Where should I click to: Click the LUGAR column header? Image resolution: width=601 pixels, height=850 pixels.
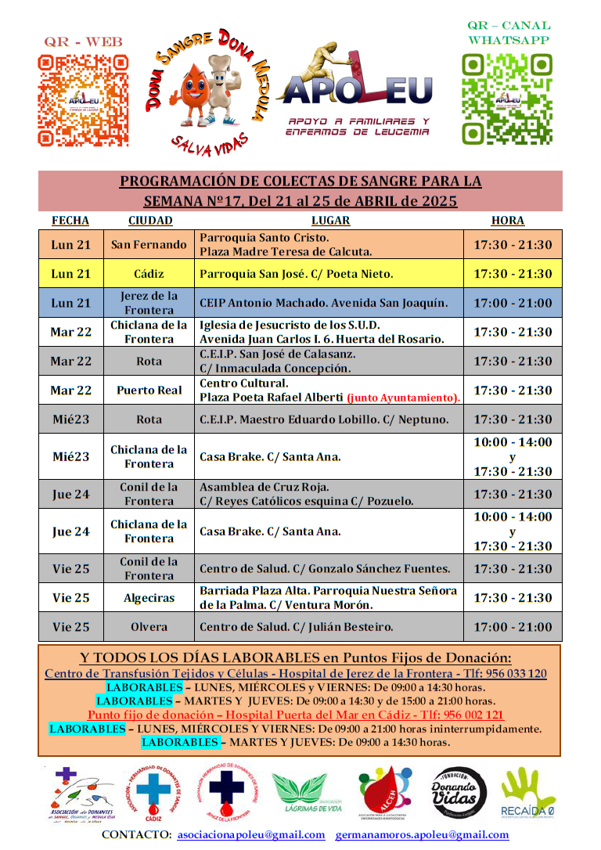pos(330,221)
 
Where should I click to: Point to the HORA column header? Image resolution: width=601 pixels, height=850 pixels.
pos(507,221)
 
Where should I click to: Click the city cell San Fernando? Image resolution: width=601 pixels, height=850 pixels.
pos(149,244)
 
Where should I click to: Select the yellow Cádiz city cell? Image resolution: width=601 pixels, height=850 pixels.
pos(149,274)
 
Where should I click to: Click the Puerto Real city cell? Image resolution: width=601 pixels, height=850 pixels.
pos(149,390)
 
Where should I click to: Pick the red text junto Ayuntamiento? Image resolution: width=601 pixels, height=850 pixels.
pos(403,398)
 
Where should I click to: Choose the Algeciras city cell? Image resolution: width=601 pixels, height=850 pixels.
pos(149,598)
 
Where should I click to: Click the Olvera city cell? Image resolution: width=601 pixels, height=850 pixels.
pos(149,627)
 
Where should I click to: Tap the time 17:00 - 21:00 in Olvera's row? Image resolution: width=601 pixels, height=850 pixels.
pos(513,627)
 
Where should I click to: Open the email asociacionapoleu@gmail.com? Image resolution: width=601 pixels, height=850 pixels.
pos(251,835)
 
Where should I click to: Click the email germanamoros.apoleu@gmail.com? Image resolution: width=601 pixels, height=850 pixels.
pos(422,835)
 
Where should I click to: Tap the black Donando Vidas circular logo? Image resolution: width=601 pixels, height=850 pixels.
pos(459,794)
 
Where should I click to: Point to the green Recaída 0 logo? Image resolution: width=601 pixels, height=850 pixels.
pos(529,794)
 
